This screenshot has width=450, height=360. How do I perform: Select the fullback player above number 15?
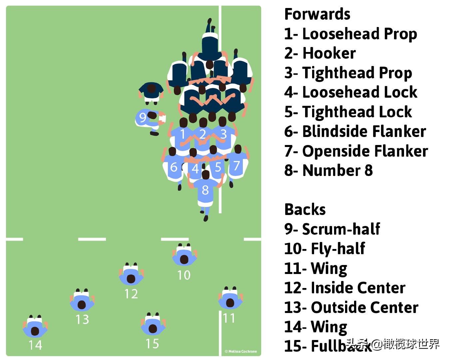pyautogui.click(x=153, y=325)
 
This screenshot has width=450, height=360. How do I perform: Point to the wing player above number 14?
pyautogui.click(x=35, y=328)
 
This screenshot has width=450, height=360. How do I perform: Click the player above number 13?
pyautogui.click(x=82, y=301)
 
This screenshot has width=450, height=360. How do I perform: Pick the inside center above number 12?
pyautogui.click(x=131, y=275)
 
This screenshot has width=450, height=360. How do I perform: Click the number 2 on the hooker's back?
pyautogui.click(x=203, y=134)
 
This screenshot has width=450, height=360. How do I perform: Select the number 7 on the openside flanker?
pyautogui.click(x=236, y=165)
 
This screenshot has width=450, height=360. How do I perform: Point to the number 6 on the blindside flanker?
pyautogui.click(x=174, y=167)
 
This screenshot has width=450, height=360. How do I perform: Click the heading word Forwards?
pyautogui.click(x=317, y=14)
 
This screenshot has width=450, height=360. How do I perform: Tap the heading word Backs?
pyautogui.click(x=305, y=210)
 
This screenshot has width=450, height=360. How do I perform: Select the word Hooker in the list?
pyautogui.click(x=329, y=53)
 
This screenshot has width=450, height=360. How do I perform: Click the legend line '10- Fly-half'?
pyautogui.click(x=324, y=249)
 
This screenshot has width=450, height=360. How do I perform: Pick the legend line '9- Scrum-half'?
pyautogui.click(x=332, y=229)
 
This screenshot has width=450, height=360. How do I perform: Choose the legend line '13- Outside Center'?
pyautogui.click(x=351, y=307)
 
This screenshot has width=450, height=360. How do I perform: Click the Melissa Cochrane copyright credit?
pyautogui.click(x=241, y=351)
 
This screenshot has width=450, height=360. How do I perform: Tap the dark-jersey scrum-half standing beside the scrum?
pyautogui.click(x=151, y=91)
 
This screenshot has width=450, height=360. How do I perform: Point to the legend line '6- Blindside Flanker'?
pyautogui.click(x=355, y=131)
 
